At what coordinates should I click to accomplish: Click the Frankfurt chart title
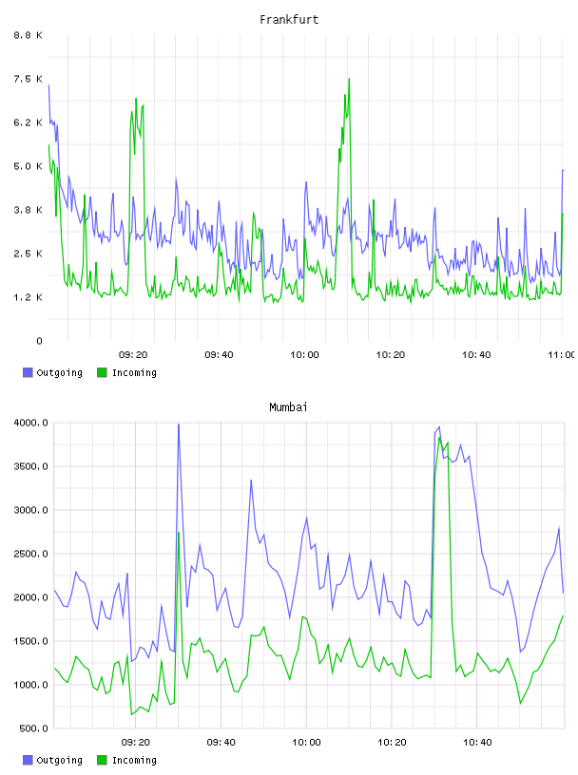(x=289, y=20)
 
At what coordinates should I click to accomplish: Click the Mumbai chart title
(x=288, y=407)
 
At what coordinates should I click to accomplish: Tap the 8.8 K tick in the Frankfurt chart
(x=28, y=35)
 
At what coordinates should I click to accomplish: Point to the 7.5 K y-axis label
(x=28, y=79)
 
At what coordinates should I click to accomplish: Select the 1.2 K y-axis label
(x=28, y=297)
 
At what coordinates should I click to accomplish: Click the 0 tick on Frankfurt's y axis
(x=39, y=341)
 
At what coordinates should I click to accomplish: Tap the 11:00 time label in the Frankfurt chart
(x=562, y=355)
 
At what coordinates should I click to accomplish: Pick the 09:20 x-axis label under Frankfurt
(x=133, y=355)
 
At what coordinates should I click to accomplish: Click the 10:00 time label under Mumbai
(x=306, y=743)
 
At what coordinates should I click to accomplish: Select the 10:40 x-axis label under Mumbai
(x=477, y=743)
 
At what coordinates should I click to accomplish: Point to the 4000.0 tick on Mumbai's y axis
(x=31, y=423)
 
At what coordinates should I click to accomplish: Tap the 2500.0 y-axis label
(x=31, y=554)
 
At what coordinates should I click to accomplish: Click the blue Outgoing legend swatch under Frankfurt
(x=28, y=372)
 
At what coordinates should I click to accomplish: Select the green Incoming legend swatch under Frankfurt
(x=102, y=372)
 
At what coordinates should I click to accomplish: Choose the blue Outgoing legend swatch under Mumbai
(x=28, y=760)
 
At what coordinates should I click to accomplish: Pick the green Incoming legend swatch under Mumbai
(x=102, y=760)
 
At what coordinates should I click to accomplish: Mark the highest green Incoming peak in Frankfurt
(x=349, y=79)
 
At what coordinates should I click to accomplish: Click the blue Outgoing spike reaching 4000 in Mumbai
(x=179, y=425)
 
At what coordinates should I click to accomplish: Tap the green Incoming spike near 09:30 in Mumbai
(x=179, y=533)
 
